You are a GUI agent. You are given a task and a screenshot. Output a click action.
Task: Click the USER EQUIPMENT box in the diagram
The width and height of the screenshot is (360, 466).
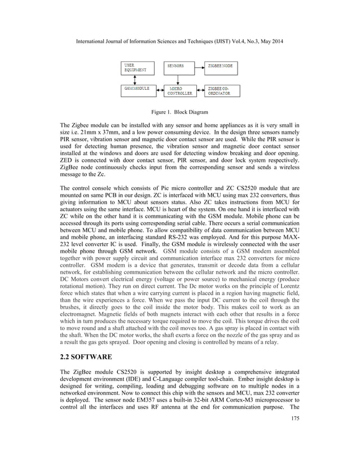(x=137, y=68)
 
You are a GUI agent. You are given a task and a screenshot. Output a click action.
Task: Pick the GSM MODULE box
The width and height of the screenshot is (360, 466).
(x=137, y=91)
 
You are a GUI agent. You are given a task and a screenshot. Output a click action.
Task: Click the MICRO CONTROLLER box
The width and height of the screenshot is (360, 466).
(x=178, y=91)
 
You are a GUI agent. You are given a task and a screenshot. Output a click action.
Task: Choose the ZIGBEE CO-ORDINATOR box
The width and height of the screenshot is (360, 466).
(x=221, y=91)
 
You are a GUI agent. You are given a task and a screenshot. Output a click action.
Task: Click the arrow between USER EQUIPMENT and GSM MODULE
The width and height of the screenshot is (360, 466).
(x=137, y=80)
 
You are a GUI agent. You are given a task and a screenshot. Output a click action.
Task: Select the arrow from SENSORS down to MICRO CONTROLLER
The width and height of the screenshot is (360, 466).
(x=178, y=80)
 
